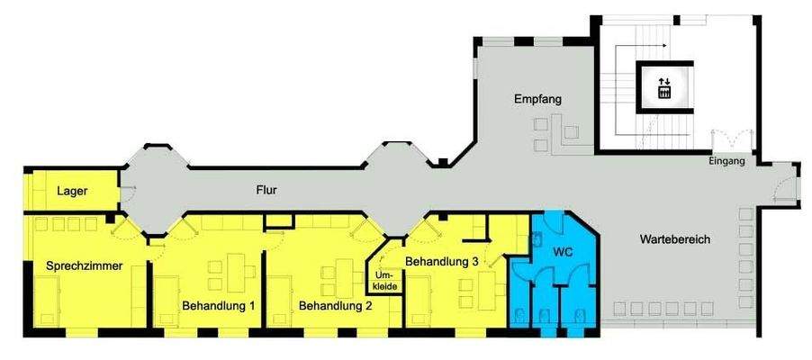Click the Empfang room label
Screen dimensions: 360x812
[x=538, y=99]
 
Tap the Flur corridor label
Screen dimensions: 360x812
[x=265, y=191]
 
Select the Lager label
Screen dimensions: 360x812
[x=71, y=191]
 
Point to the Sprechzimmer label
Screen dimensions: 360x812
[x=85, y=265]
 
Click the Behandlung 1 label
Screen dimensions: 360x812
[x=219, y=306]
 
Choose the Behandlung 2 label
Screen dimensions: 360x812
[x=336, y=306]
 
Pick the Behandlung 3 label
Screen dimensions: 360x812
[x=441, y=262]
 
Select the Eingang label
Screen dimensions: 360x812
[x=726, y=162]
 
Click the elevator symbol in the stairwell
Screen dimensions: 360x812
[x=664, y=87]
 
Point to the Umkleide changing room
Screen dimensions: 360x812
[x=384, y=279]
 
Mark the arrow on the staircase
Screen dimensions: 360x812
[x=650, y=43]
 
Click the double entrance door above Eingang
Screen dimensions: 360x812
[x=731, y=142]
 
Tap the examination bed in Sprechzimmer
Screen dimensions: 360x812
[x=47, y=301]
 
